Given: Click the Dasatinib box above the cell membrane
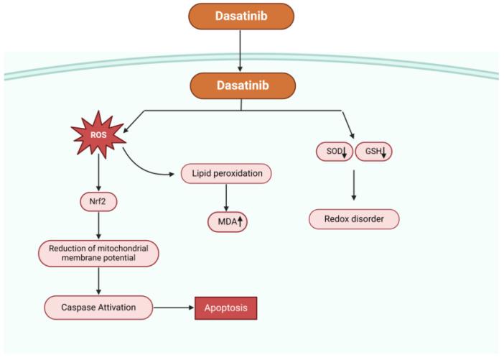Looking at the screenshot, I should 241,16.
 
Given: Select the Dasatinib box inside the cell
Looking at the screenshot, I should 241,85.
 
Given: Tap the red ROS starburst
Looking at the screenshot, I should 98,133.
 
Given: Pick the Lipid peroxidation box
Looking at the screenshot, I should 227,174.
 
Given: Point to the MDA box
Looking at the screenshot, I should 227,222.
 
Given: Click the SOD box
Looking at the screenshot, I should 334,151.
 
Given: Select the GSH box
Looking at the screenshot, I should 374,151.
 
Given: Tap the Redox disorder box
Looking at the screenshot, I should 353,218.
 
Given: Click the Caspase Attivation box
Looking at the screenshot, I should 98,308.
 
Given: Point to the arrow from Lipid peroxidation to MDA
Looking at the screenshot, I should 227,198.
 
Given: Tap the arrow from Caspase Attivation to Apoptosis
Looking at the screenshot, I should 175,308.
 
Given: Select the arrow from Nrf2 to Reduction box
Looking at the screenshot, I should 98,226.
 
